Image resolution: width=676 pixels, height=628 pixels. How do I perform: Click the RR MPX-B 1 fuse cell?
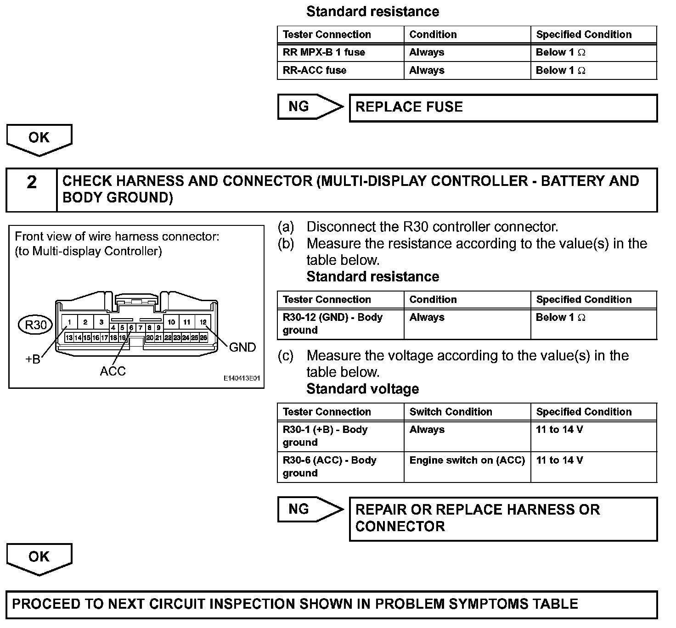click(340, 52)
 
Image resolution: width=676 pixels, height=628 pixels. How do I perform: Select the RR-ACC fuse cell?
click(340, 70)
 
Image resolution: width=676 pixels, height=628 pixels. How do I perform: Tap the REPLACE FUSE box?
click(503, 107)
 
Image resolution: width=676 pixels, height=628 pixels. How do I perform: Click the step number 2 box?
click(31, 190)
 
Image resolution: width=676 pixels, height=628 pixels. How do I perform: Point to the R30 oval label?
click(35, 325)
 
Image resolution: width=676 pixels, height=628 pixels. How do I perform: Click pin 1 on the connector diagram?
click(70, 322)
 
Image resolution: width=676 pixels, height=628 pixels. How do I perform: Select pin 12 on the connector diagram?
click(203, 322)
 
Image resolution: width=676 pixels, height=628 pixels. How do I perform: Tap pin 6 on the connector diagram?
click(131, 328)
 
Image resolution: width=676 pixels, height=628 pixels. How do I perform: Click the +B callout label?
click(33, 359)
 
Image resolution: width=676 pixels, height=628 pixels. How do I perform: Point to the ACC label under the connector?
click(113, 371)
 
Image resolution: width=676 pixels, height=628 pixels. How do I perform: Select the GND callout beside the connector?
click(242, 348)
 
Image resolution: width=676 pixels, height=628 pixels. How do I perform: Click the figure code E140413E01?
click(242, 379)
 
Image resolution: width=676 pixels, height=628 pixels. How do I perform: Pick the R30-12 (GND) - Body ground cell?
click(340, 324)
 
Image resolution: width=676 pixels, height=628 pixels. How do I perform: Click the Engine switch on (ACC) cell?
click(467, 460)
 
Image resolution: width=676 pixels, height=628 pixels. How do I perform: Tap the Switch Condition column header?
click(451, 412)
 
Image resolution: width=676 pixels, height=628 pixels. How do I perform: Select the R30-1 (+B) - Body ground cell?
click(340, 436)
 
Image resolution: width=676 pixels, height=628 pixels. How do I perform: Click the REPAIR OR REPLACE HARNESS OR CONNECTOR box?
click(503, 518)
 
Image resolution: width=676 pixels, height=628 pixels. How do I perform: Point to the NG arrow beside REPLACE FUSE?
click(310, 107)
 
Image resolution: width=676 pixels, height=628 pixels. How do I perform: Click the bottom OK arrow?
click(39, 558)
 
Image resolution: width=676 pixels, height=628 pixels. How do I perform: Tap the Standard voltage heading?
click(362, 389)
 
